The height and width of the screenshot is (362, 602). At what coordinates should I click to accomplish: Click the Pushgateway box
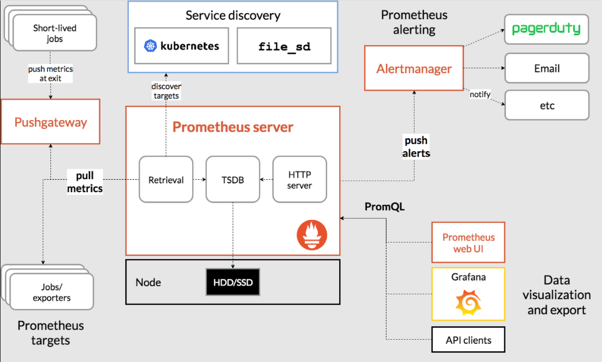pyautogui.click(x=50, y=123)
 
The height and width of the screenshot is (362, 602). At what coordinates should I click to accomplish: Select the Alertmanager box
pyautogui.click(x=414, y=69)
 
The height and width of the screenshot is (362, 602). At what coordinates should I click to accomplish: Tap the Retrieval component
pyautogui.click(x=166, y=180)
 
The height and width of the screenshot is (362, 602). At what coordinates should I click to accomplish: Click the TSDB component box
pyautogui.click(x=233, y=180)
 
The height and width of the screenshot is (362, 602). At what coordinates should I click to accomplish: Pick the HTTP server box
pyautogui.click(x=300, y=180)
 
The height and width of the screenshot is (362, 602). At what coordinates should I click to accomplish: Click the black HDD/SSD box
pyautogui.click(x=232, y=282)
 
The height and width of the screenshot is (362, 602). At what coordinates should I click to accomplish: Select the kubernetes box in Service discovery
pyautogui.click(x=181, y=46)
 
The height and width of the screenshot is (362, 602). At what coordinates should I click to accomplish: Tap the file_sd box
pyautogui.click(x=284, y=46)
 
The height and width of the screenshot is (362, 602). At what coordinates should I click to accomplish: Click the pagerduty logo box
pyautogui.click(x=546, y=29)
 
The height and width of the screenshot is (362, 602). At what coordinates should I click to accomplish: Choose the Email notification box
pyautogui.click(x=546, y=68)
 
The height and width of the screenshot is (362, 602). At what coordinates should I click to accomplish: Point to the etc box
pyautogui.click(x=546, y=105)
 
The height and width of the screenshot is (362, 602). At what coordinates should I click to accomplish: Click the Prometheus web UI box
pyautogui.click(x=468, y=243)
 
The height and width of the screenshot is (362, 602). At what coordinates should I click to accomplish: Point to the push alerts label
pyautogui.click(x=417, y=146)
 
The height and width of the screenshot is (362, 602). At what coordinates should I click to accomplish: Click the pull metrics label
pyautogui.click(x=85, y=182)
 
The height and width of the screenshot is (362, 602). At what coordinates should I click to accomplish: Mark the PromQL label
pyautogui.click(x=384, y=207)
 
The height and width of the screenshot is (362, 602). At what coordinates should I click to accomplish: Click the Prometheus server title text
pyautogui.click(x=233, y=127)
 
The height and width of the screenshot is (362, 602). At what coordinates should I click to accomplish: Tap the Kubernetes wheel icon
pyautogui.click(x=151, y=46)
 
